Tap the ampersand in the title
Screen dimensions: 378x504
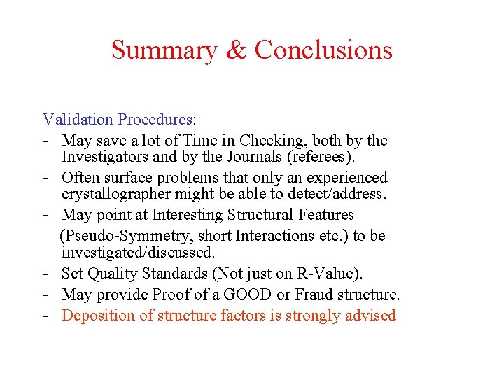[x=236, y=50]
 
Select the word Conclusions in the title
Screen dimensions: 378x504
[x=323, y=50]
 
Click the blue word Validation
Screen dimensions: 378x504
[x=78, y=120]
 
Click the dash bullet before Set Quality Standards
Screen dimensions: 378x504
[x=45, y=273]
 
